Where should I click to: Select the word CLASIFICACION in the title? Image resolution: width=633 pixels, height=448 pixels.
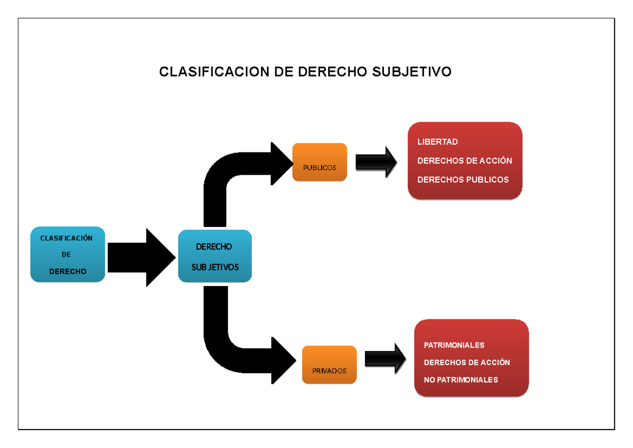pos(214,72)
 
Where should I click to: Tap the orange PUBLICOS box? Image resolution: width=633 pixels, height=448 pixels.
pos(320,163)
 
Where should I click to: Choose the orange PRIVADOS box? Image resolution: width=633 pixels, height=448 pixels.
pos(329,365)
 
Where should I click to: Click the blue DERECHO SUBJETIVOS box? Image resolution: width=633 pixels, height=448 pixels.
pos(215,256)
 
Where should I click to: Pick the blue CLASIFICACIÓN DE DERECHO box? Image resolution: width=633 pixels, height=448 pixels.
pos(68,254)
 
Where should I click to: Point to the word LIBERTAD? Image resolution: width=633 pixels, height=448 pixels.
pos(437,142)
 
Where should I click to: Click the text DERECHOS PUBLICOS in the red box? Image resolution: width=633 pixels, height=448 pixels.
pos(463,180)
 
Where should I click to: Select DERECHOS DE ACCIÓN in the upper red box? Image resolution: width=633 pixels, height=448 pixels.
pos(464,161)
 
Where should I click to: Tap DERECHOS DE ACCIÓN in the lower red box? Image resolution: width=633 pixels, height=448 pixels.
pos(467,363)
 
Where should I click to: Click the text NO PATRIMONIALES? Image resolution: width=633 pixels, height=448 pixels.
pos(461,380)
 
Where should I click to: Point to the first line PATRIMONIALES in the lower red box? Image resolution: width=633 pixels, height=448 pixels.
pos(454,345)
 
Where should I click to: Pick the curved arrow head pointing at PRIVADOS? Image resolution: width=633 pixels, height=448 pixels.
pos(282,360)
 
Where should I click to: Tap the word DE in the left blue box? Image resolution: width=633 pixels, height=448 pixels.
pos(66,255)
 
